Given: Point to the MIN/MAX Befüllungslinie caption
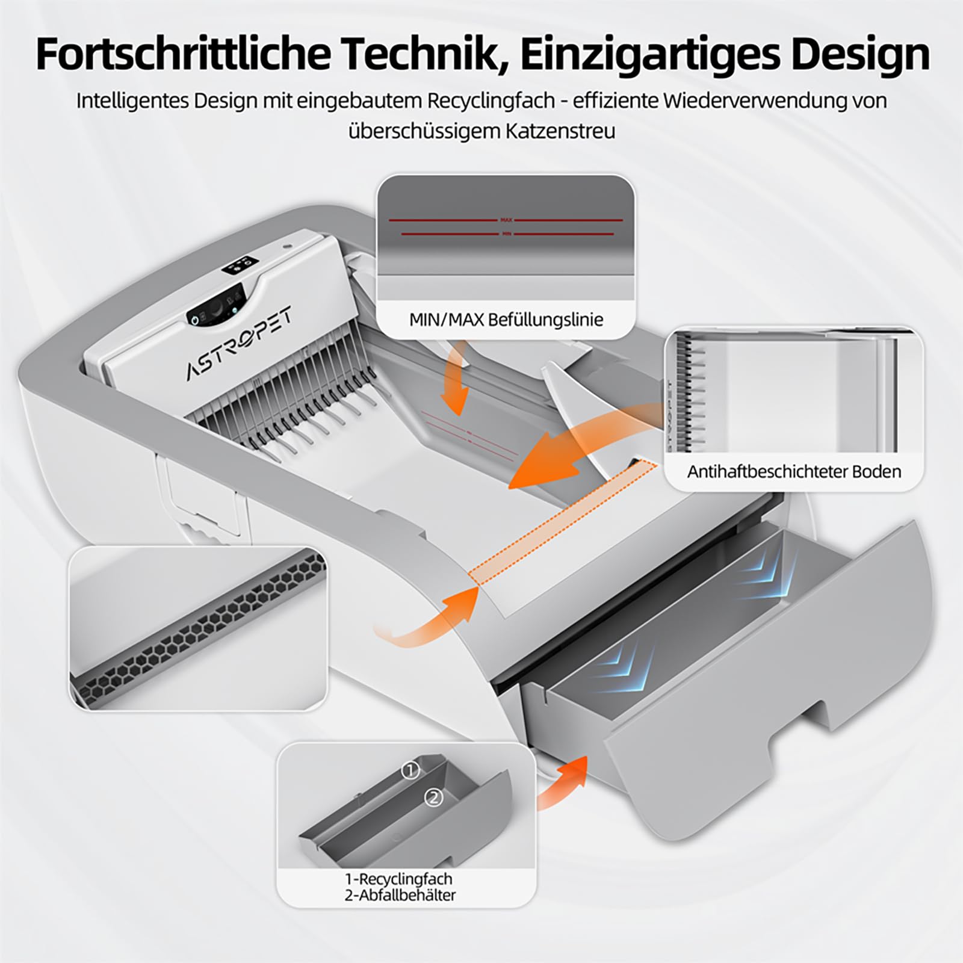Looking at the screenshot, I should (506, 319).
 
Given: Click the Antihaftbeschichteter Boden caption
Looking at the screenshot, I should (794, 471).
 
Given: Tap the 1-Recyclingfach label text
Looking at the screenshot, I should (399, 879).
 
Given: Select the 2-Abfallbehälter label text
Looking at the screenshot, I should (400, 895).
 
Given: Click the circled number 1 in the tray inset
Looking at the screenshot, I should (410, 770).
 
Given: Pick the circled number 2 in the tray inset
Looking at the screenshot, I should (434, 798).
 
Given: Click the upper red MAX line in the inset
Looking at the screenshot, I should (506, 220).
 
